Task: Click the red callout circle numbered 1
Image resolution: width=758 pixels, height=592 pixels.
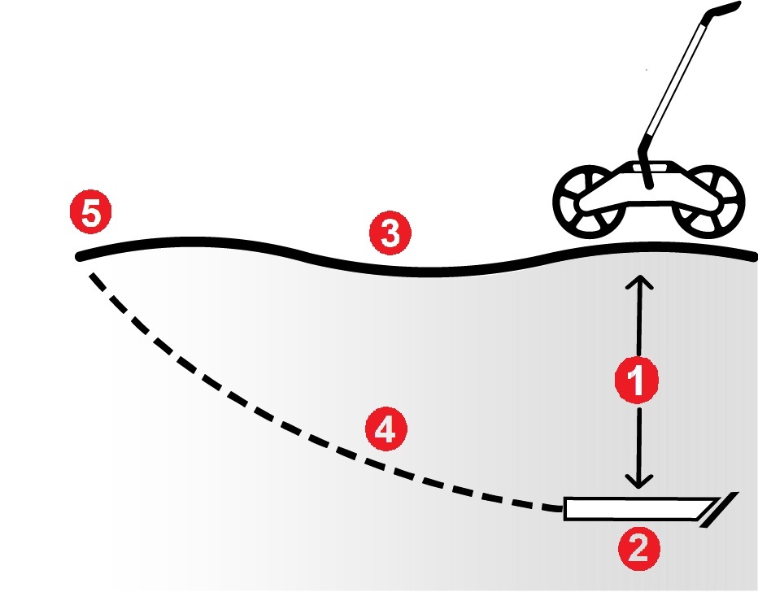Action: pyautogui.click(x=637, y=380)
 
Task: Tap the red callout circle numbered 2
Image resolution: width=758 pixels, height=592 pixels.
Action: pyautogui.click(x=639, y=549)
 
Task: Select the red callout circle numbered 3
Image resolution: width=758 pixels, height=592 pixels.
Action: pyautogui.click(x=390, y=233)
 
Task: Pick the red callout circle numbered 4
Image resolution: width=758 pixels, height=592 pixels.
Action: pyautogui.click(x=386, y=429)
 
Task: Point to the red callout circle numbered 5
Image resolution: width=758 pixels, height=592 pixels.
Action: pyautogui.click(x=91, y=212)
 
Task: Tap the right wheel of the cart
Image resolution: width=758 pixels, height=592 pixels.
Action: pyautogui.click(x=708, y=202)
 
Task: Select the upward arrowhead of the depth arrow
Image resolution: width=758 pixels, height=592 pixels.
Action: pyautogui.click(x=639, y=282)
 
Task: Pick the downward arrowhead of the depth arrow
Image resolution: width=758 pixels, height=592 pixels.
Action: pyautogui.click(x=639, y=481)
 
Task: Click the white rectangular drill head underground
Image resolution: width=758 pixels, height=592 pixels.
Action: pyautogui.click(x=641, y=508)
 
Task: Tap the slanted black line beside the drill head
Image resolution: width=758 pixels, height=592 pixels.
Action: pyautogui.click(x=720, y=509)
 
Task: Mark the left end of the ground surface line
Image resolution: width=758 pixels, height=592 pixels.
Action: pyautogui.click(x=79, y=257)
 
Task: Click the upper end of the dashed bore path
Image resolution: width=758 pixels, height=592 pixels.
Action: pyautogui.click(x=92, y=276)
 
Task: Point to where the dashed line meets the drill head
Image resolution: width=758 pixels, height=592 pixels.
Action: pyautogui.click(x=563, y=508)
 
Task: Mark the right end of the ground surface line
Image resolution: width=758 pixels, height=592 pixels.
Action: pyautogui.click(x=753, y=258)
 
